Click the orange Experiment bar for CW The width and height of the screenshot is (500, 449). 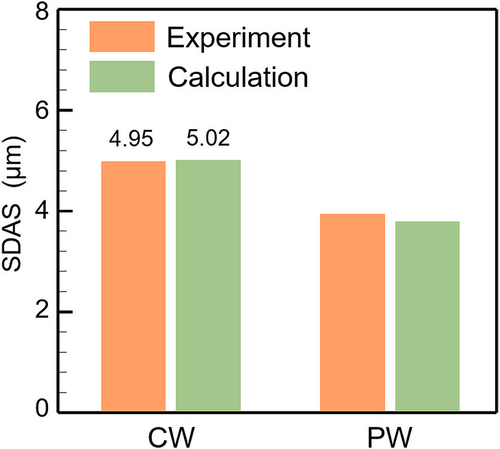point(133,287)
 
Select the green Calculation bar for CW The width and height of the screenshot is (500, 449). point(208,286)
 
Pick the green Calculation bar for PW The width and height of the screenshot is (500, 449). point(427,317)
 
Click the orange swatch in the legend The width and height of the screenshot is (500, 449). point(122,37)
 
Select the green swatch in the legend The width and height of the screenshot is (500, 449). point(122,76)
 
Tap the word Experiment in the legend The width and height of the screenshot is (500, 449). point(239,37)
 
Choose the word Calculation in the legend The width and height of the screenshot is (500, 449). point(238,77)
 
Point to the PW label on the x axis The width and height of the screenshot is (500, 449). point(389,435)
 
